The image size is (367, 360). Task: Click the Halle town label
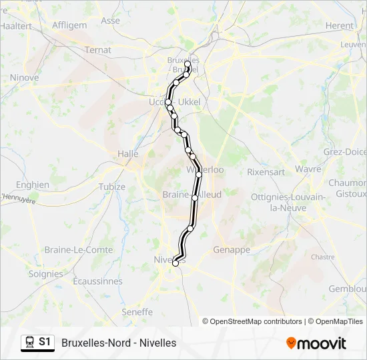pyautogui.click(x=127, y=153)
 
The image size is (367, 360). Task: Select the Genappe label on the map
pyautogui.click(x=232, y=250)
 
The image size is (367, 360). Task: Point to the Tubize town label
pyautogui.click(x=112, y=187)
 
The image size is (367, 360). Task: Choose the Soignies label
pyautogui.click(x=46, y=274)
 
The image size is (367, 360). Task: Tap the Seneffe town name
pyautogui.click(x=137, y=312)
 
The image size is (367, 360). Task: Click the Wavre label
pyautogui.click(x=308, y=169)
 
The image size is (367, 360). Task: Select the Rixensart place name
pyautogui.click(x=266, y=171)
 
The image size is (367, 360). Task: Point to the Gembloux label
pyautogui.click(x=349, y=289)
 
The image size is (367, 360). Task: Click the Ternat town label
pyautogui.click(x=98, y=50)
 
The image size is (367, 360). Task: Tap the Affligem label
pyautogui.click(x=69, y=25)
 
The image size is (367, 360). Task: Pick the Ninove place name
pyautogui.click(x=24, y=77)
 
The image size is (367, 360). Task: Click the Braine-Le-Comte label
pyautogui.click(x=69, y=250)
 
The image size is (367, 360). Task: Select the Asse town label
pyautogui.click(x=111, y=21)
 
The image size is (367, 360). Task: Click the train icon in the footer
pyautogui.click(x=29, y=343)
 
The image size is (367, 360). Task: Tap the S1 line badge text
pyautogui.click(x=45, y=342)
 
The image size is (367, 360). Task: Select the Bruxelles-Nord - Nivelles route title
pyautogui.click(x=119, y=343)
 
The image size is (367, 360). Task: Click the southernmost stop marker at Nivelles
pyautogui.click(x=175, y=263)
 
